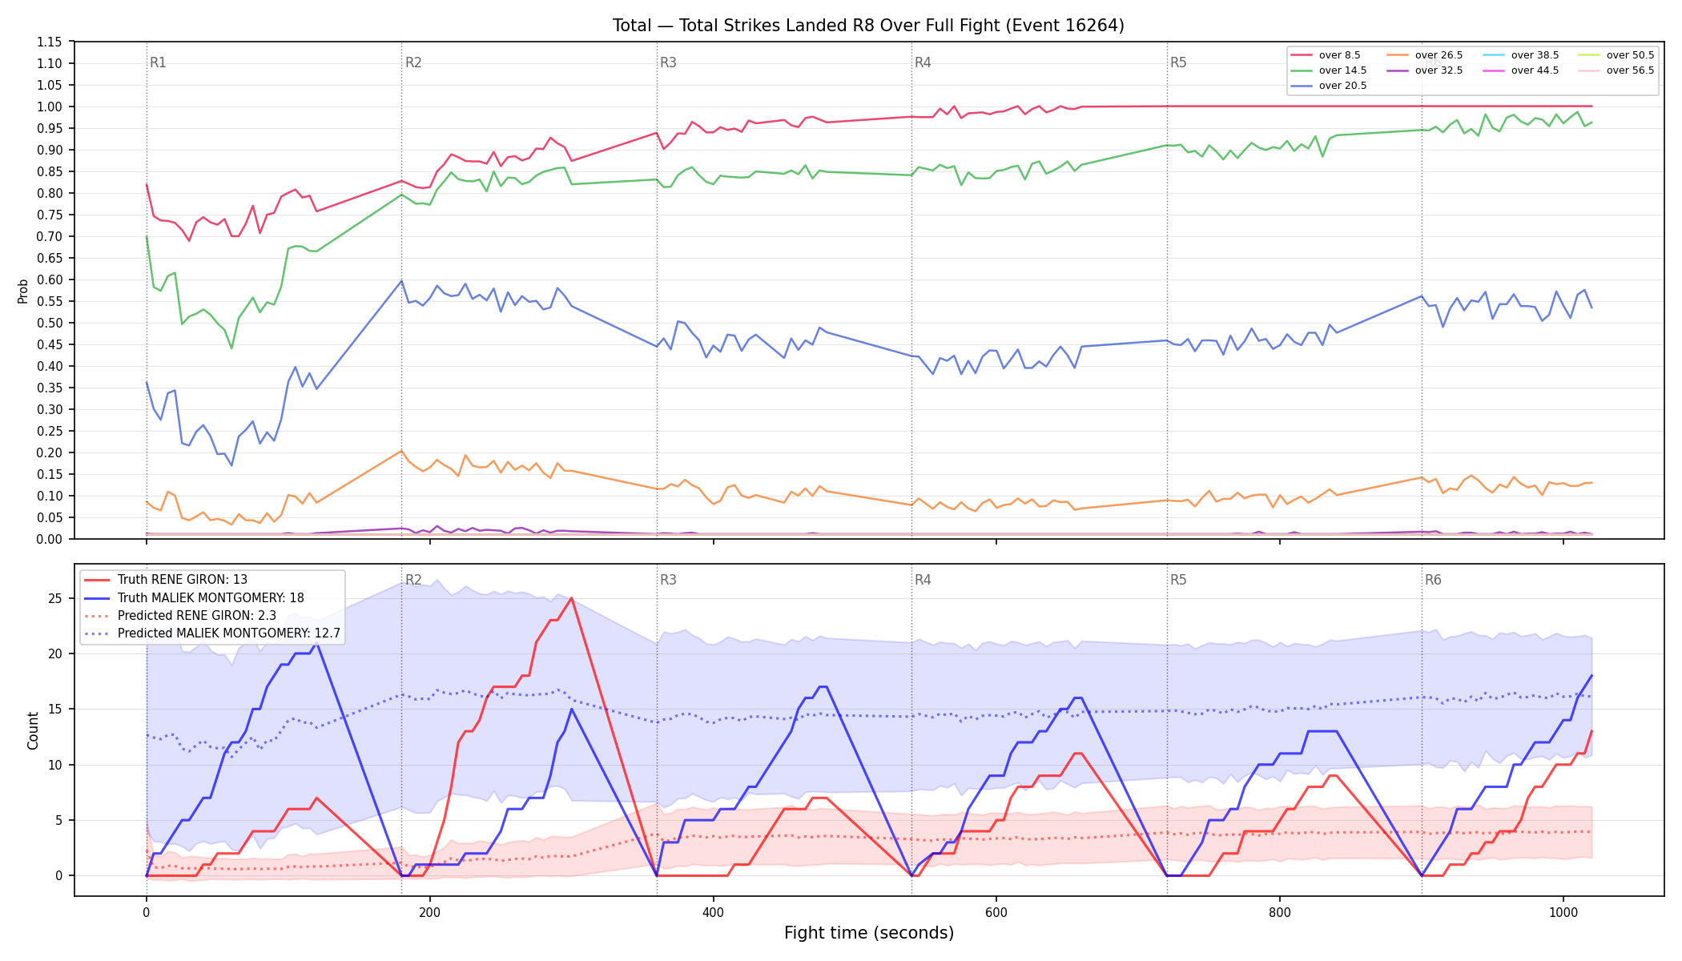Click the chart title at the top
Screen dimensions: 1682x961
pyautogui.click(x=868, y=26)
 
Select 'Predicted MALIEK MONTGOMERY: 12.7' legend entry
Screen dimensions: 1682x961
pyautogui.click(x=212, y=633)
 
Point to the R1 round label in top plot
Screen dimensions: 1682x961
pyautogui.click(x=158, y=62)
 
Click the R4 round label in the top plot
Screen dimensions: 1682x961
pyautogui.click(x=923, y=62)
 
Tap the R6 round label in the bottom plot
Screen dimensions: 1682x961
pyautogui.click(x=1433, y=580)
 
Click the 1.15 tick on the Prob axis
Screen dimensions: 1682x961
pyautogui.click(x=49, y=42)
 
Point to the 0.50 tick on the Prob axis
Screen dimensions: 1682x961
pyautogui.click(x=49, y=323)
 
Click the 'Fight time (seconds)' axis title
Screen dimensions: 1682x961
pyautogui.click(x=869, y=933)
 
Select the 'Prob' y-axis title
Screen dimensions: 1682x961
pyautogui.click(x=23, y=291)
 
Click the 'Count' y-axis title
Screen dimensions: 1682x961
pyautogui.click(x=33, y=730)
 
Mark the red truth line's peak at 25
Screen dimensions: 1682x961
pyautogui.click(x=571, y=598)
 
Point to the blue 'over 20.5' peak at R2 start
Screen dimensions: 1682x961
pyautogui.click(x=401, y=281)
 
